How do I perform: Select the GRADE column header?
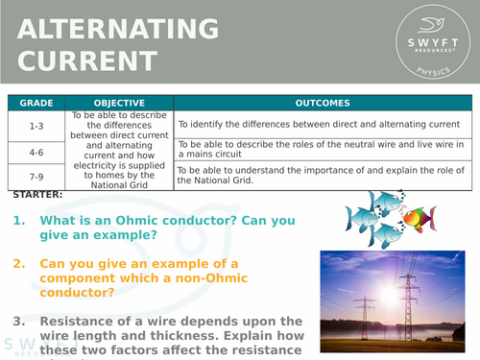[37, 103]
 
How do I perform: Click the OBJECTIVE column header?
[120, 103]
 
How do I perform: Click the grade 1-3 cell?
[37, 125]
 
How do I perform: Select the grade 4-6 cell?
[37, 152]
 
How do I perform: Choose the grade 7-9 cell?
[37, 177]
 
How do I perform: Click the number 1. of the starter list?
[20, 221]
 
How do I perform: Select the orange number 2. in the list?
[20, 264]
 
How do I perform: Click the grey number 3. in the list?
[20, 321]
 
